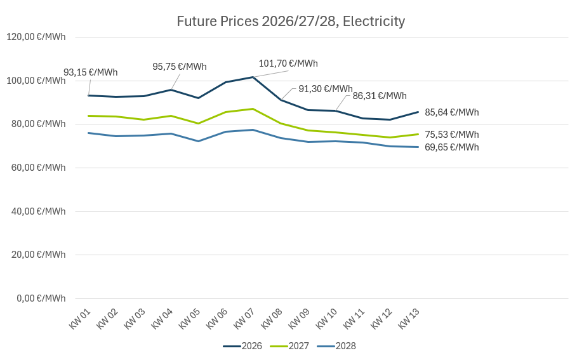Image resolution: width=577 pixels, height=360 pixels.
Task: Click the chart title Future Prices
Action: coord(291,22)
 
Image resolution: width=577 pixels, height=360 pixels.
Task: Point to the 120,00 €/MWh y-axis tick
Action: coord(36,37)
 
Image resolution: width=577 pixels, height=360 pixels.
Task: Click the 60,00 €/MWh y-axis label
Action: coord(36,168)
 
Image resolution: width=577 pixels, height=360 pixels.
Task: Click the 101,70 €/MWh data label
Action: coord(288,63)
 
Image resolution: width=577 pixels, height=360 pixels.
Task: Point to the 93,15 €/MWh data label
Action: coord(91,72)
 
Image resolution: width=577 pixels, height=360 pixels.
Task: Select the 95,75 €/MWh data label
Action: coord(180,67)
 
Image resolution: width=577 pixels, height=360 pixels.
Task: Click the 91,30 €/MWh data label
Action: coord(326,89)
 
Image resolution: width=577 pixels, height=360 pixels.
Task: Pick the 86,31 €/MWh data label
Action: coord(380,97)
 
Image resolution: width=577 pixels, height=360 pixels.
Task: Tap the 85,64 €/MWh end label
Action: coord(452,112)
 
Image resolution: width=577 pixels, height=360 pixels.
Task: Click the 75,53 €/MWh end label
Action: coord(452,135)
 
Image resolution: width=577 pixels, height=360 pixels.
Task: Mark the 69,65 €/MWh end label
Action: coord(452,147)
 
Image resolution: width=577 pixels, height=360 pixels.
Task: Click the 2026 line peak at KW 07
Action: coord(253,77)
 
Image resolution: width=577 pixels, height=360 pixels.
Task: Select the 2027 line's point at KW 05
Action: coord(198,123)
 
